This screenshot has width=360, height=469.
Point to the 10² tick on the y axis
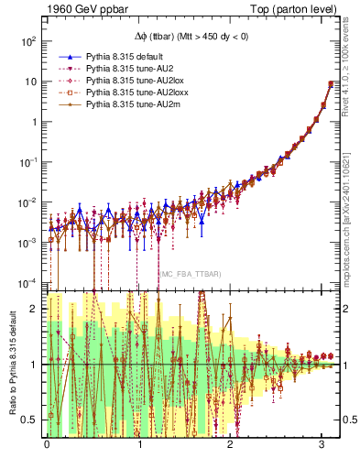[27, 42]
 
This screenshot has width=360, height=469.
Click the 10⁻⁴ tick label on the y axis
[27, 281]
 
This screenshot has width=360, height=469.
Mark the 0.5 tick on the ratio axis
[31, 420]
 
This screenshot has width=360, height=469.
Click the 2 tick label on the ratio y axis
[36, 309]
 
